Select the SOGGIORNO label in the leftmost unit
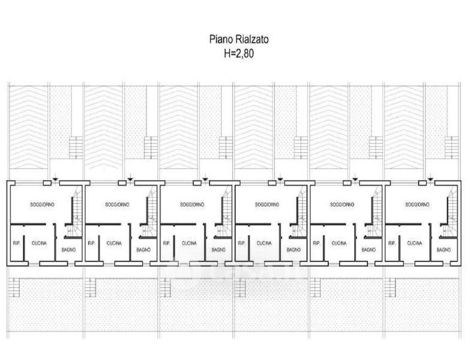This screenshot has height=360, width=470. (x=42, y=205)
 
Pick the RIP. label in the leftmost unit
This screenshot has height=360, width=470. (x=16, y=244)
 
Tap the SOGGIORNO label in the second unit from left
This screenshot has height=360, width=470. (x=117, y=205)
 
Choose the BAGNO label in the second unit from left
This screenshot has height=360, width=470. (x=143, y=249)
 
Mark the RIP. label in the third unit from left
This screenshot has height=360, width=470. (x=166, y=244)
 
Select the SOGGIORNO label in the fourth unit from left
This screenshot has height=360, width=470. (x=267, y=205)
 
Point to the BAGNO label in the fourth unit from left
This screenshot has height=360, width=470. (x=294, y=249)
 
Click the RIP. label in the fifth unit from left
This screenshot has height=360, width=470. (x=316, y=244)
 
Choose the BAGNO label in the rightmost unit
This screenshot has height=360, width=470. (x=444, y=249)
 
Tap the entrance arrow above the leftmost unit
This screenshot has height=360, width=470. (x=55, y=178)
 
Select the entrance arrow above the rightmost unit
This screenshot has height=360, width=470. (x=430, y=178)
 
